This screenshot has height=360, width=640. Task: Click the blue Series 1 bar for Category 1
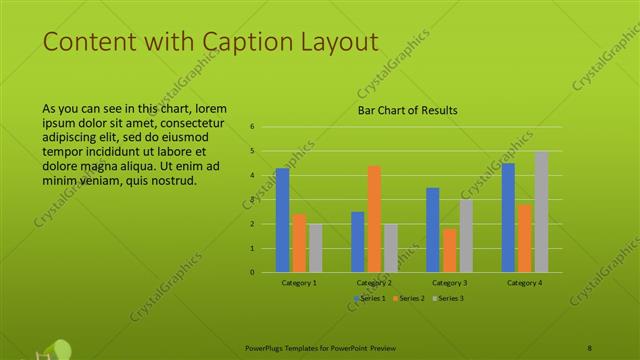(282, 220)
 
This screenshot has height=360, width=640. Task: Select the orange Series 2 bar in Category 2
(374, 219)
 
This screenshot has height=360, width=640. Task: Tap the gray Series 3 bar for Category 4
(541, 212)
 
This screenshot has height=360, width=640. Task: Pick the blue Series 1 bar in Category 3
(433, 230)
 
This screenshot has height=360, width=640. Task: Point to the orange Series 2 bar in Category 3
(449, 250)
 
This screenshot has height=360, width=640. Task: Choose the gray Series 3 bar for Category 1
(315, 248)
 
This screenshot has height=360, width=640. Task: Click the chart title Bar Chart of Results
(408, 111)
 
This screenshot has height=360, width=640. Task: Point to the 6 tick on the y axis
(253, 127)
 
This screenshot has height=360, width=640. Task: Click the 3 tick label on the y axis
(253, 200)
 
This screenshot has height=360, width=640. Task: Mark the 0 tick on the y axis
(253, 272)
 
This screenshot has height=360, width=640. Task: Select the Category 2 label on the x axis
(374, 283)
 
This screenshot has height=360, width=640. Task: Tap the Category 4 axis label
(524, 283)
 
